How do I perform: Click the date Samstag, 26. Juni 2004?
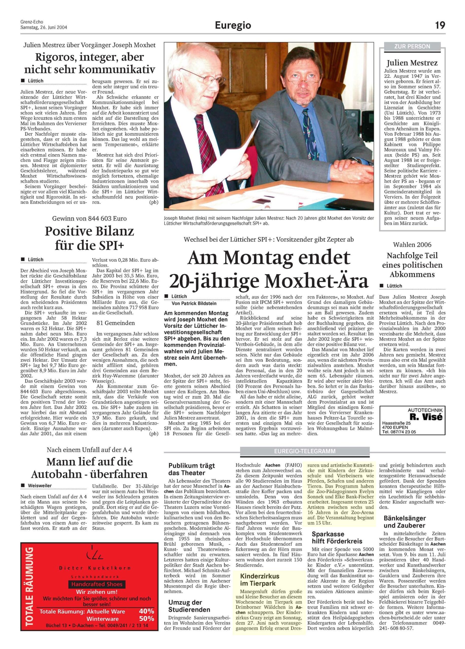[x=44, y=28]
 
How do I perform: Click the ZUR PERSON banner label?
[x=412, y=46]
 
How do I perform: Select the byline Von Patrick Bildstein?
[x=194, y=303]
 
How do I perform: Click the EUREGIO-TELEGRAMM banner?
[x=305, y=451]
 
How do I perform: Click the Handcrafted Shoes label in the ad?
[x=97, y=584]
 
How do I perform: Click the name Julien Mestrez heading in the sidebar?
[x=412, y=63]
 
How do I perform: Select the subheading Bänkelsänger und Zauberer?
[x=405, y=521]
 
